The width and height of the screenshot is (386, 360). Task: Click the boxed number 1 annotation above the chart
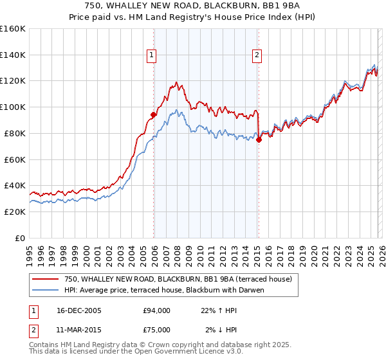[152, 56]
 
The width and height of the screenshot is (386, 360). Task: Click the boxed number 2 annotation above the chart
[257, 56]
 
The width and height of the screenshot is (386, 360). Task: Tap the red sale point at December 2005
[153, 115]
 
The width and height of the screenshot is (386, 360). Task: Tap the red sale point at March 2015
[258, 139]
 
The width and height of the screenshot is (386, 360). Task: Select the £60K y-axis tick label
[14, 159]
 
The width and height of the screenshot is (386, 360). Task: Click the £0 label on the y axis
[19, 238]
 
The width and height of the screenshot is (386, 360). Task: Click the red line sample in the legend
[46, 280]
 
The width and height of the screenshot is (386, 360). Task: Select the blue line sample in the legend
[46, 290]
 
